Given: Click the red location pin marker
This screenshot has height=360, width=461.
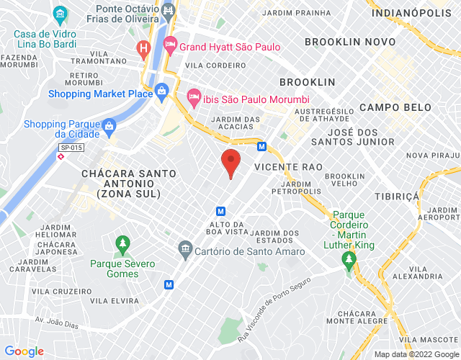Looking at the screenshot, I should (230, 162).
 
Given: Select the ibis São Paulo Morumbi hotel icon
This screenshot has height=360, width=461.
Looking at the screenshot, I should (193, 95).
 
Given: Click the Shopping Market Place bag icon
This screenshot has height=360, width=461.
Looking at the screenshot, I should (162, 91).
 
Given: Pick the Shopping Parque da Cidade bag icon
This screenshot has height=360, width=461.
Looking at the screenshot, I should (109, 128).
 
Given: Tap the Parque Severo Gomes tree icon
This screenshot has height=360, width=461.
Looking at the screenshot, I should (122, 243).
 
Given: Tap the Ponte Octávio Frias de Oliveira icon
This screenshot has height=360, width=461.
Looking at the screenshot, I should (168, 10).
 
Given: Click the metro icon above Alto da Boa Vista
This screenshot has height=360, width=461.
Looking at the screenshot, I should (221, 211).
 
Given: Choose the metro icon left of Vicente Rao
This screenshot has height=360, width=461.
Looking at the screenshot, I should (261, 146).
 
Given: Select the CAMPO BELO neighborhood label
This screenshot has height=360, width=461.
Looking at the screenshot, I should (395, 107).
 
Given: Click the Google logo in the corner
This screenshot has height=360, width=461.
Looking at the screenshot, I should (25, 351).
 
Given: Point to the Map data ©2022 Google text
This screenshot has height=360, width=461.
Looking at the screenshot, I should (416, 354).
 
